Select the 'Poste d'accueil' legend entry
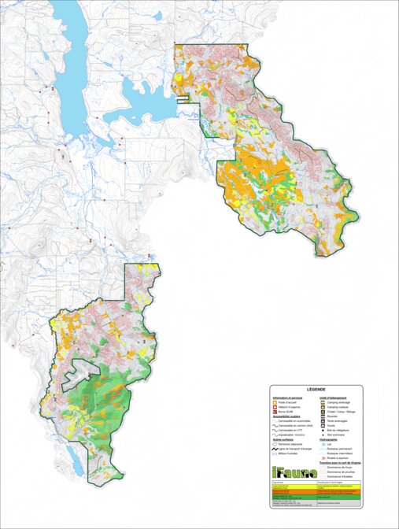coord(283,401)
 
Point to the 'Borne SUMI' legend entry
coord(282,411)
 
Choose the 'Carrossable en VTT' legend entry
coord(288,431)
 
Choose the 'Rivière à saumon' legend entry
coord(334,459)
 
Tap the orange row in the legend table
coord(315,491)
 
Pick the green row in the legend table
coord(315,497)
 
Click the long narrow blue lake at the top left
coord(71,63)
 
